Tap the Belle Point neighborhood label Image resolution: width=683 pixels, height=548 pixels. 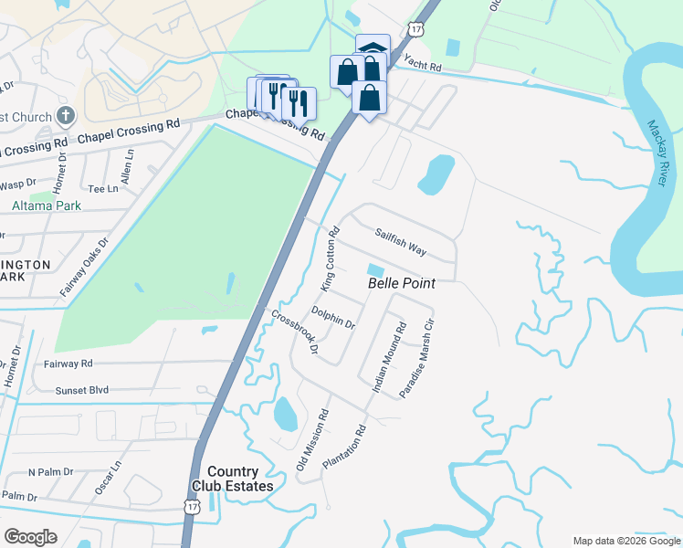click(401, 284)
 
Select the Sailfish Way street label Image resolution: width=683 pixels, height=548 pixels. click(401, 242)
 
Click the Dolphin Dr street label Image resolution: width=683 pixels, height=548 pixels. click(333, 317)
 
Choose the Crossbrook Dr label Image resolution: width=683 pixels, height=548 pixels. click(295, 332)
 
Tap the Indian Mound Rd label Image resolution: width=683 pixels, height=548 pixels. click(388, 357)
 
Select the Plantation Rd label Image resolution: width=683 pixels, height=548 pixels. click(344, 448)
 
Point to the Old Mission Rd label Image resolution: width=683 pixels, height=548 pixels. click(312, 441)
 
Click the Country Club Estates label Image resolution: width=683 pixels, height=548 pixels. click(240, 479)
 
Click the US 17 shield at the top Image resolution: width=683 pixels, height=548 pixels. click(416, 29)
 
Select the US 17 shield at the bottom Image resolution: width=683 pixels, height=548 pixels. click(191, 505)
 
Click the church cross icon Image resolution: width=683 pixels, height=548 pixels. click(65, 116)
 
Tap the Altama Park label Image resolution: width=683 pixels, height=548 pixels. click(47, 205)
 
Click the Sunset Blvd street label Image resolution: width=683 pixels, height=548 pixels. click(82, 390)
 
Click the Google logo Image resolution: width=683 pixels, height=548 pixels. click(31, 537)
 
